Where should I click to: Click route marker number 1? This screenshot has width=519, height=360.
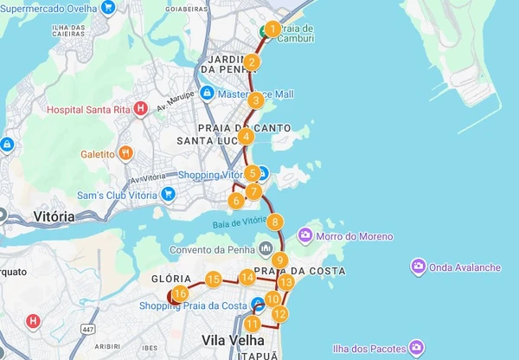tap(272, 29)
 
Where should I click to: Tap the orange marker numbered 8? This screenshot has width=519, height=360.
tap(275, 222)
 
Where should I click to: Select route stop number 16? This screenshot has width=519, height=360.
tap(180, 294)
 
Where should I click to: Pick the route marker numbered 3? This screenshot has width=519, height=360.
tap(255, 100)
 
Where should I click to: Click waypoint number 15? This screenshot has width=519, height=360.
tap(213, 279)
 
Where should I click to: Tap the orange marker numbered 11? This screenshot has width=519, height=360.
tap(252, 325)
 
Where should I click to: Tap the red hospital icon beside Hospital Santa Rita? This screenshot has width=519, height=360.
tap(141, 109)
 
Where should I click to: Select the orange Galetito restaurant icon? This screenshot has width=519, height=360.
tap(126, 154)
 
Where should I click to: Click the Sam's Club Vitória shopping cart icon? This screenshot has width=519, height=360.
tap(169, 195)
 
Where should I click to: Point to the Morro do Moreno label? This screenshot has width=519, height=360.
tap(357, 236)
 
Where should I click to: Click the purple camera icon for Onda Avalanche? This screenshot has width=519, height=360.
tap(418, 267)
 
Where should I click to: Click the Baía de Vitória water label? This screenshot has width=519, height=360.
tap(240, 222)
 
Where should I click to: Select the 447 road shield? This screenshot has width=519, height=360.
tap(87, 329)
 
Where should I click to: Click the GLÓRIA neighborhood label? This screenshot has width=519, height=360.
tap(164, 279)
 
